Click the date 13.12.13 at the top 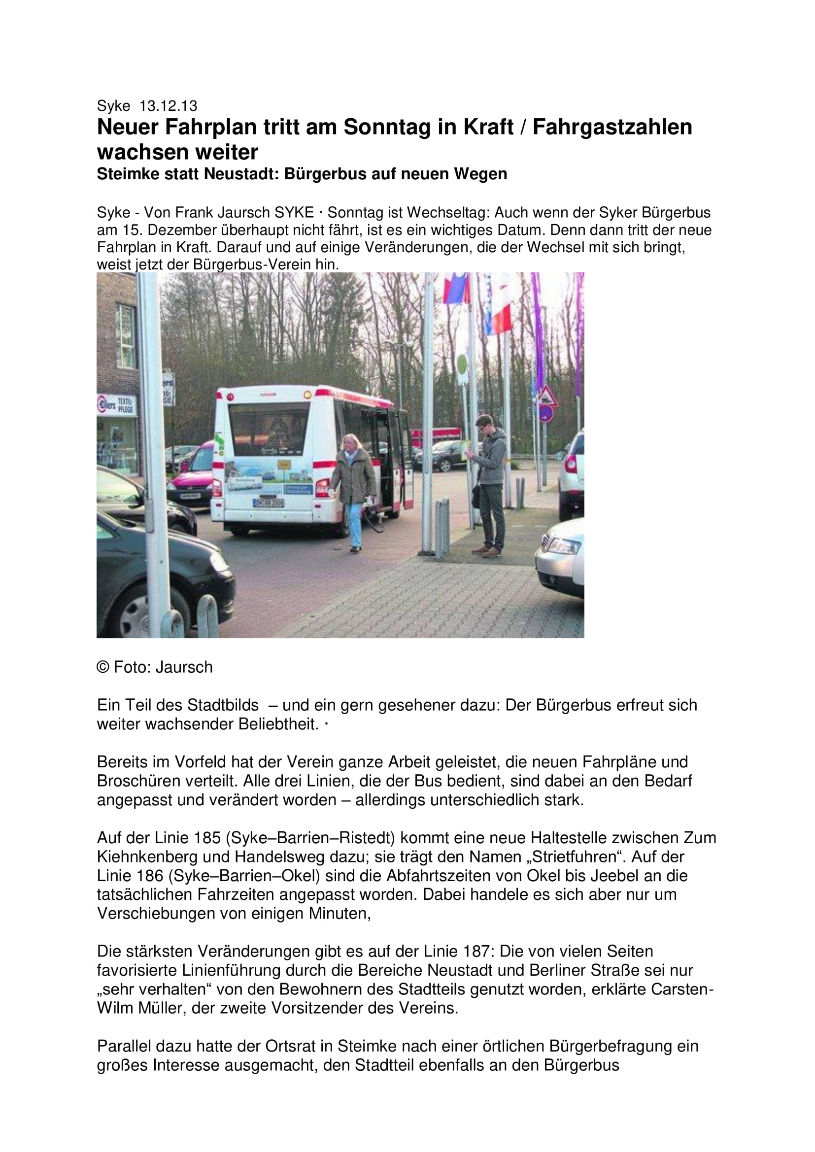pyautogui.click(x=168, y=106)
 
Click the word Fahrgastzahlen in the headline pyautogui.click(x=612, y=128)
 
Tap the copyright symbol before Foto pyautogui.click(x=103, y=667)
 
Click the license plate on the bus pyautogui.click(x=269, y=502)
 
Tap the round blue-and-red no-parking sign pyautogui.click(x=546, y=413)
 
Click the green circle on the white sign pyautogui.click(x=462, y=361)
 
